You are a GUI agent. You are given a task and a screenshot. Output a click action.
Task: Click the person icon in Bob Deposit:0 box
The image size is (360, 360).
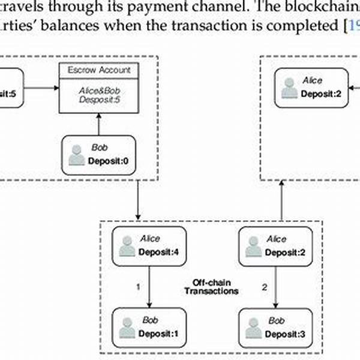[x=77, y=154]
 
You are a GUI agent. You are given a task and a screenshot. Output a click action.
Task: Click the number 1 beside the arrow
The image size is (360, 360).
[x=138, y=287]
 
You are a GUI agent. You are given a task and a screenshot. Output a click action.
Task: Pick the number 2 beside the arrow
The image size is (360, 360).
[x=265, y=287]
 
